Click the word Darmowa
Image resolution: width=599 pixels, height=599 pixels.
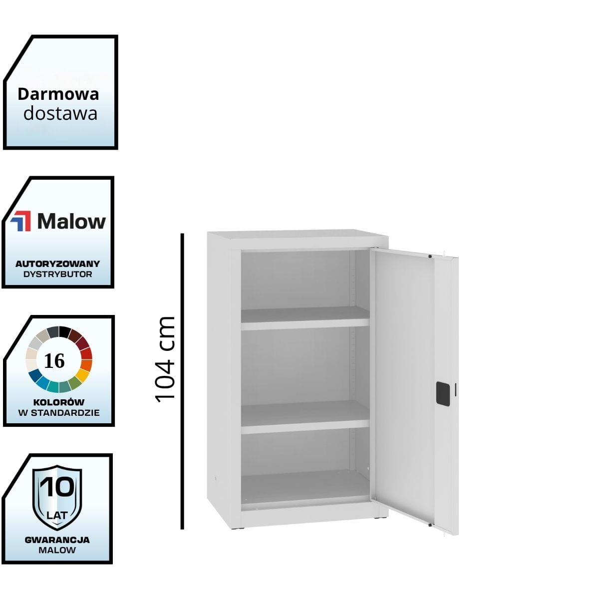(x=58, y=94)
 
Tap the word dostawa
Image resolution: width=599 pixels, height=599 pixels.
(x=60, y=113)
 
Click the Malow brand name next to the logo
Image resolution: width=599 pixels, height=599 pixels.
(x=71, y=221)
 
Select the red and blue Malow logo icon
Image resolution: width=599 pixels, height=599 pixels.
(x=21, y=221)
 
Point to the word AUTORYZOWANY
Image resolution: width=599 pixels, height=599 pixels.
(x=57, y=264)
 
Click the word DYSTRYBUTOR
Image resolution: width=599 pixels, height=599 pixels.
(x=57, y=274)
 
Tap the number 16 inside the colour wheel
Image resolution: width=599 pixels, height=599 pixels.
(x=54, y=360)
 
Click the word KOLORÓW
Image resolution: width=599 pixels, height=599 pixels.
(x=58, y=402)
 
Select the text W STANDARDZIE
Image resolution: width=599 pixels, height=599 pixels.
(x=58, y=413)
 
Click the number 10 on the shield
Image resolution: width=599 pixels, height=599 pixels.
(x=57, y=487)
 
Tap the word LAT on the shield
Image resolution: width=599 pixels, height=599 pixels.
(x=57, y=514)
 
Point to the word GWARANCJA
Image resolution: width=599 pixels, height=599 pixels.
(x=57, y=540)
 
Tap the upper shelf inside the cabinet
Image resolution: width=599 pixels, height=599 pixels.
(x=305, y=317)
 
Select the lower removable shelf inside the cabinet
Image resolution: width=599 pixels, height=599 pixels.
(x=305, y=416)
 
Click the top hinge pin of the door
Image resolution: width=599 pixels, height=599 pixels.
(x=430, y=257)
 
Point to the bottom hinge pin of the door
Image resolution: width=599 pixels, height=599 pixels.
(x=430, y=525)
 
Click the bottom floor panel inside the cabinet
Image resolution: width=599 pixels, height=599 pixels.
(x=305, y=487)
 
